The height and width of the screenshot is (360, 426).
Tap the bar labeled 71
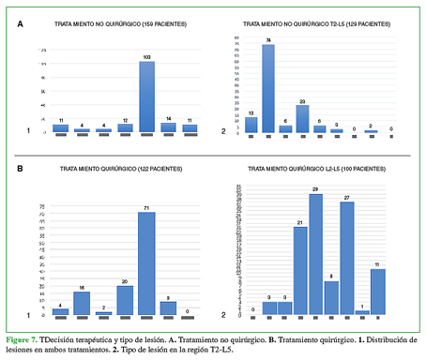(x=146, y=262)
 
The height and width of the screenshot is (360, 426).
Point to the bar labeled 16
(x=82, y=303)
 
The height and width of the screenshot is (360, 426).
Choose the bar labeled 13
(x=251, y=124)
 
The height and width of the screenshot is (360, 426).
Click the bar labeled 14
(x=169, y=127)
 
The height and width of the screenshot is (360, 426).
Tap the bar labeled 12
(x=125, y=127)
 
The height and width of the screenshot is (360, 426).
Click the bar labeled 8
(x=331, y=297)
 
